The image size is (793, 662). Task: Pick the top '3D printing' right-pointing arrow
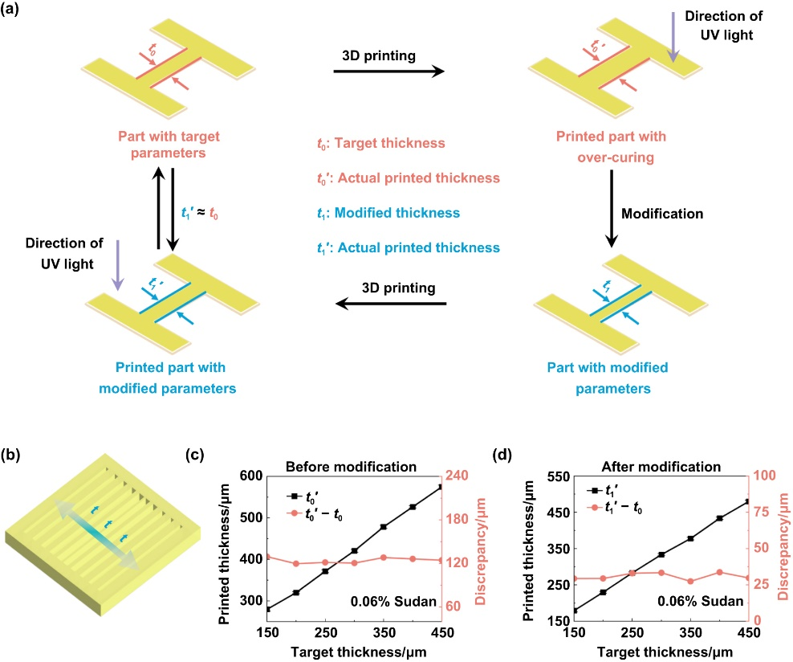(x=388, y=72)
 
